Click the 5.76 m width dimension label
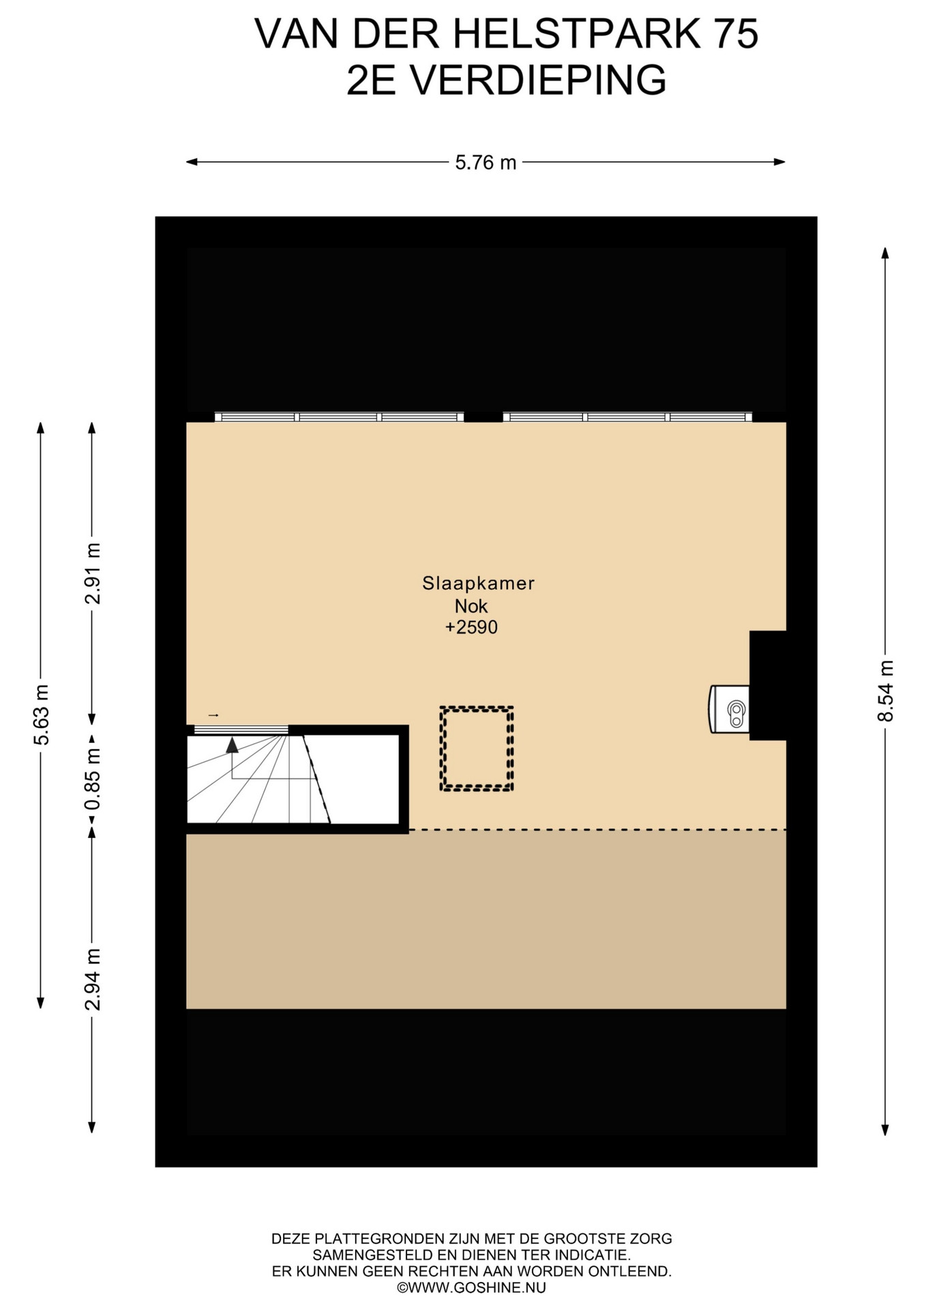(x=486, y=162)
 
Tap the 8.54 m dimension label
(x=885, y=690)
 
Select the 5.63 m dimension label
(x=41, y=714)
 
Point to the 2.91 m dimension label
(x=92, y=574)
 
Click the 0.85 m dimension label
(x=92, y=779)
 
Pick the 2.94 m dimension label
(x=92, y=979)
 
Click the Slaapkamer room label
(x=478, y=583)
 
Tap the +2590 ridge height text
(x=471, y=627)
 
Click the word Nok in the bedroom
(x=471, y=606)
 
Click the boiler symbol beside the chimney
(x=730, y=710)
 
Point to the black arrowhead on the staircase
(x=233, y=744)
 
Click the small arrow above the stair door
(x=213, y=715)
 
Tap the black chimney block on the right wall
(x=768, y=685)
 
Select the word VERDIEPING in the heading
(x=537, y=80)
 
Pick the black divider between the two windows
(x=483, y=417)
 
